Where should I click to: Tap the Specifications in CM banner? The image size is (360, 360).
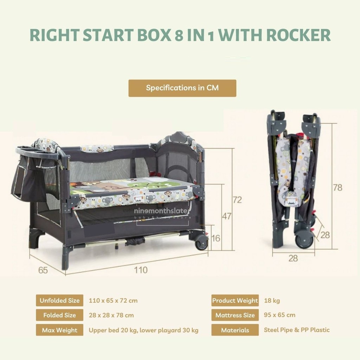click(x=182, y=88)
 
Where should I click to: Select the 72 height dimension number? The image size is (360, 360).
click(x=237, y=200)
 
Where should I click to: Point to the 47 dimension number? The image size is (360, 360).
click(x=227, y=216)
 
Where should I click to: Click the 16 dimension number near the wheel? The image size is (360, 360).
click(x=216, y=238)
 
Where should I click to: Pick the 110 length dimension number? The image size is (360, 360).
click(x=140, y=270)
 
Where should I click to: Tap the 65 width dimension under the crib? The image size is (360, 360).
click(x=43, y=270)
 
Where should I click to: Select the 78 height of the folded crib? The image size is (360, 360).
click(x=337, y=187)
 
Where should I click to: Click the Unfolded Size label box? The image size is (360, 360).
click(x=59, y=301)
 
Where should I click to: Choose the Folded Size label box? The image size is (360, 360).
click(x=59, y=315)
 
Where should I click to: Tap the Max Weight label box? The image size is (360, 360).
click(x=59, y=330)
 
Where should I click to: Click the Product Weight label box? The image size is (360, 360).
click(x=235, y=301)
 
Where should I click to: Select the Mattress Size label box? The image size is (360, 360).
click(x=235, y=315)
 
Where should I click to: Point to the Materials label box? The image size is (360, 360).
click(x=235, y=330)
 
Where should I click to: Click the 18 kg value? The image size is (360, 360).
click(x=272, y=301)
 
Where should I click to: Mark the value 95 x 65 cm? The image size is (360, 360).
click(x=279, y=315)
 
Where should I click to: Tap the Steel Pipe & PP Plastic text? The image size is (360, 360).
click(x=297, y=330)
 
